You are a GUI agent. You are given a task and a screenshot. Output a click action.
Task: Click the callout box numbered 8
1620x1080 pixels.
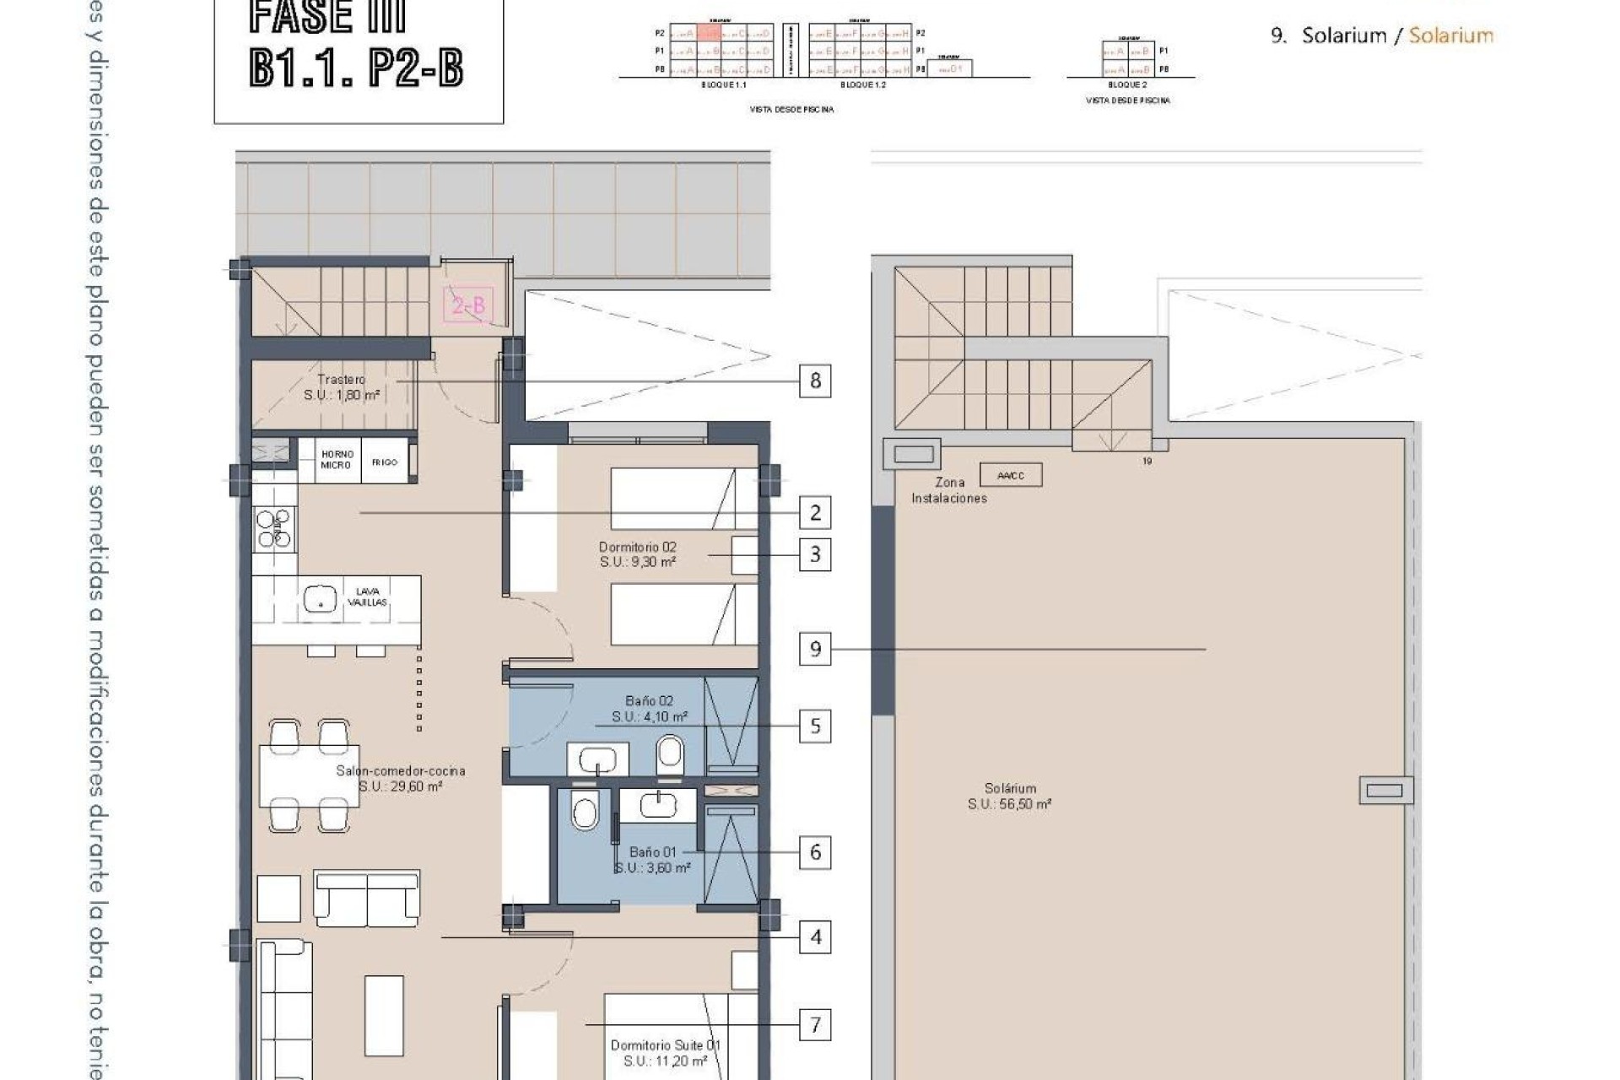click(x=815, y=381)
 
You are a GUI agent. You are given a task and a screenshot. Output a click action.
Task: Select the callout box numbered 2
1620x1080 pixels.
click(x=815, y=512)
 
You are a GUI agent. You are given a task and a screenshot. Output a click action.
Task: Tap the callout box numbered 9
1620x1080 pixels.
click(x=815, y=649)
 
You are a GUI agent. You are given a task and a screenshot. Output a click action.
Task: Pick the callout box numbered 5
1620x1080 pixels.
click(x=815, y=726)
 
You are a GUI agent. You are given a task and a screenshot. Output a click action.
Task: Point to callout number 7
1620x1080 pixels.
click(x=815, y=1025)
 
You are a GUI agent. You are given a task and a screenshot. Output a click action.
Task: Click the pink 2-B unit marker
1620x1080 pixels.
click(x=468, y=305)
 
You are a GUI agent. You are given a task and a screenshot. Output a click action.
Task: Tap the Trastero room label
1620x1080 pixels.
click(x=341, y=380)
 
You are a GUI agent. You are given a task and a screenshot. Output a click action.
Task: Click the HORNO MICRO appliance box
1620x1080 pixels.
click(x=337, y=460)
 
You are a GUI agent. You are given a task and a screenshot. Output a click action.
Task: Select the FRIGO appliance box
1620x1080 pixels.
click(x=385, y=462)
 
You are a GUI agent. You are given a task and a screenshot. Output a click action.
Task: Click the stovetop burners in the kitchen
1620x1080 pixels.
click(x=274, y=528)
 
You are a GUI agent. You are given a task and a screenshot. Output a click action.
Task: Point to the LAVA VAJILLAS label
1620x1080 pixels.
click(x=368, y=597)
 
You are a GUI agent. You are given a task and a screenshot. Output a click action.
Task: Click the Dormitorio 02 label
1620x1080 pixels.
click(x=637, y=547)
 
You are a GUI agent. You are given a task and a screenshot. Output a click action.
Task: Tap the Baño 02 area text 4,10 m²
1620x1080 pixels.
click(x=650, y=717)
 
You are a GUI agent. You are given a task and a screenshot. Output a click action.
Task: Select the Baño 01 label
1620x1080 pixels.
click(x=651, y=852)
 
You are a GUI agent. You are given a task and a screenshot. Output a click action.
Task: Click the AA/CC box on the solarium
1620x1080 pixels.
click(x=1010, y=475)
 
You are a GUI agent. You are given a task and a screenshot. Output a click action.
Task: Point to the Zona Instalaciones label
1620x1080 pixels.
click(x=949, y=490)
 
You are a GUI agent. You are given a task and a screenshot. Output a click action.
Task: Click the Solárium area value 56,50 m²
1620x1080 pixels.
click(x=1009, y=805)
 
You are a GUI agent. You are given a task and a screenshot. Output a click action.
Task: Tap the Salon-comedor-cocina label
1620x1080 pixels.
click(x=400, y=770)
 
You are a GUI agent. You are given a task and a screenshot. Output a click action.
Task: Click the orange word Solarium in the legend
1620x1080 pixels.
click(x=1450, y=35)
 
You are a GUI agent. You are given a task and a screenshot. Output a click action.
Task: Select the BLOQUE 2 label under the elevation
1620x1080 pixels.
click(x=1127, y=85)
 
